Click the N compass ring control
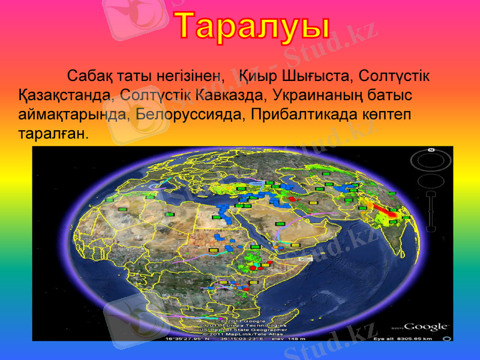click(431, 160)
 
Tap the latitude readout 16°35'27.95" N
click(187, 338)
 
